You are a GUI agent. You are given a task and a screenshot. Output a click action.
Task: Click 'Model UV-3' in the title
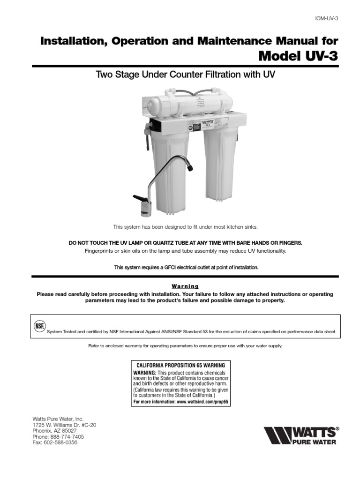tap(298, 56)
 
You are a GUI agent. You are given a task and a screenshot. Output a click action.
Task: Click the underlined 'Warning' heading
tap(185, 286)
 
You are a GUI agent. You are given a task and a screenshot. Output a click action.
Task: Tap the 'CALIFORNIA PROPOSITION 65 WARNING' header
tap(180, 365)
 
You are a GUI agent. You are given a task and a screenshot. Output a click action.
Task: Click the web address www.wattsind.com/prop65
tap(203, 402)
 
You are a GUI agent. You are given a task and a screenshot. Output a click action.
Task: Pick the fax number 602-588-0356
tap(60, 442)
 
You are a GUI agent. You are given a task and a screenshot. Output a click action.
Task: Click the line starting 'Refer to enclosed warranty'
tap(185, 346)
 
